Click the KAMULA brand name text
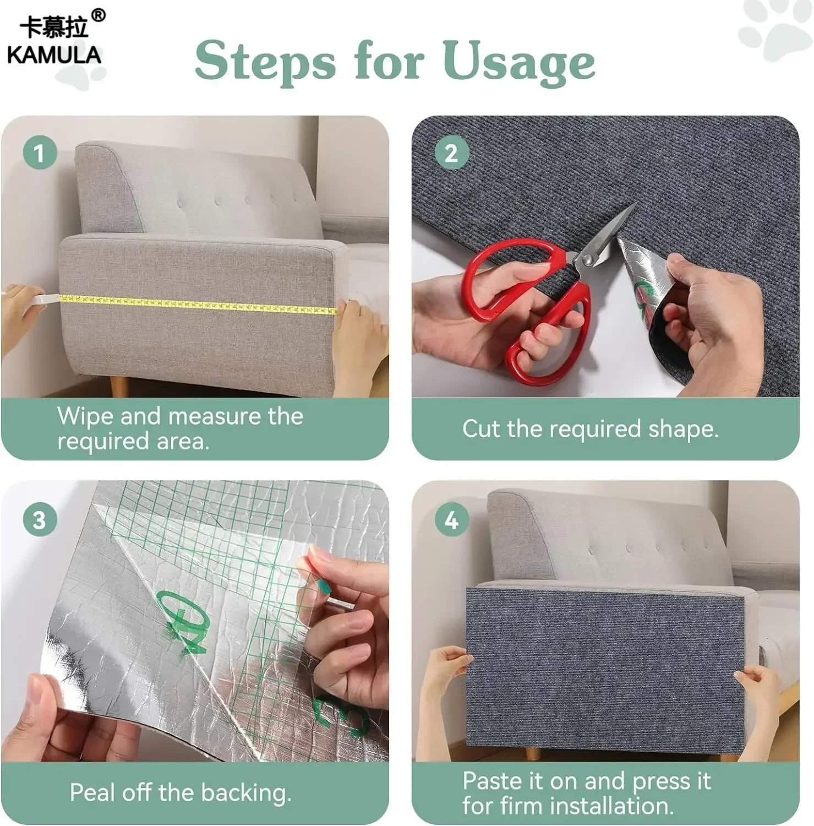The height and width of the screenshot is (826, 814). click(x=54, y=55)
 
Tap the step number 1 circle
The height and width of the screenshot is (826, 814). click(x=40, y=153)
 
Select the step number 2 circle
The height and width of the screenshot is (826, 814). click(x=451, y=153)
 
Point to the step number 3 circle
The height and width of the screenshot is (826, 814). click(x=40, y=519)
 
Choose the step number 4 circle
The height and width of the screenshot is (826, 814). click(x=451, y=519)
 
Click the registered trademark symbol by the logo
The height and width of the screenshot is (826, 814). click(x=98, y=15)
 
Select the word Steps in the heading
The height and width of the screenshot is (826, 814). click(x=265, y=62)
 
